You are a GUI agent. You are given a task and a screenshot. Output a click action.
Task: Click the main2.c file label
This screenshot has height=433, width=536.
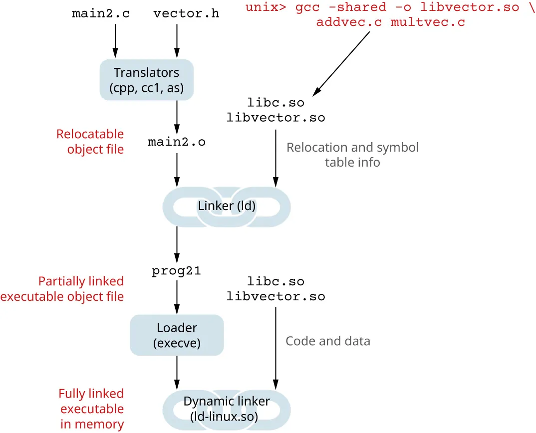click(101, 13)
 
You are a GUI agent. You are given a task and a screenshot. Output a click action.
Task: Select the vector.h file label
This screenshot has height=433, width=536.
click(186, 13)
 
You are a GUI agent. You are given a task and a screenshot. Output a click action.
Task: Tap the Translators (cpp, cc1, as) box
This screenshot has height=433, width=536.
click(146, 80)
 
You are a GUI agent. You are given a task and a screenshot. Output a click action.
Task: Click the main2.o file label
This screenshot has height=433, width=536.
click(177, 142)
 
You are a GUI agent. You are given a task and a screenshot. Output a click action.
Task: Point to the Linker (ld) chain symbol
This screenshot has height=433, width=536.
click(227, 206)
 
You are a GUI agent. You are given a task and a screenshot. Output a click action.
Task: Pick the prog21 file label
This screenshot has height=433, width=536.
click(177, 271)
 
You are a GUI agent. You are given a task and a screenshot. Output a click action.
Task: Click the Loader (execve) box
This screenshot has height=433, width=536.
click(177, 335)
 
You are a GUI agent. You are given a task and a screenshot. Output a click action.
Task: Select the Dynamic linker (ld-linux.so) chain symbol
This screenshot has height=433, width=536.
click(227, 409)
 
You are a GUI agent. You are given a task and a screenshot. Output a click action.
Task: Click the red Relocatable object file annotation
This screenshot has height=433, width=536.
click(90, 142)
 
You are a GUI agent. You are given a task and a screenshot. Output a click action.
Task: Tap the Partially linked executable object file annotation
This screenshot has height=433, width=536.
click(62, 289)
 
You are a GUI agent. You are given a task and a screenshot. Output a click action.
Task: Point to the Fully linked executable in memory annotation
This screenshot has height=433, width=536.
click(91, 409)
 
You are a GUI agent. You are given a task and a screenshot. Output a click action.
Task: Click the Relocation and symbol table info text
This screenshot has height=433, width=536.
click(352, 155)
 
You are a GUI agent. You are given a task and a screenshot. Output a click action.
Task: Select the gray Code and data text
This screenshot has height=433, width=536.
click(327, 341)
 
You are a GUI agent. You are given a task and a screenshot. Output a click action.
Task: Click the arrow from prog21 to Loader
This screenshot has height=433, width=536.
click(177, 296)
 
